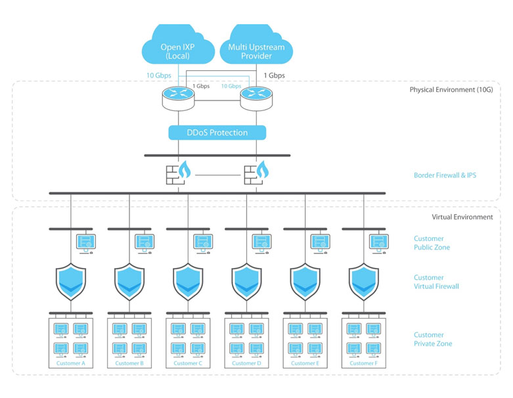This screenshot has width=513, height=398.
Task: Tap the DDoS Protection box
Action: point(217,133)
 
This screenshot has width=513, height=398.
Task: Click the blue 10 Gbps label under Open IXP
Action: point(159,76)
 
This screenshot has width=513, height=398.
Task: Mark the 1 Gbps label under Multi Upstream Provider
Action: point(274,76)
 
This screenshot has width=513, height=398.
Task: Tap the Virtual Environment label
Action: point(461,217)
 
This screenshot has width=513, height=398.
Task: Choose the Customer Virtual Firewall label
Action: point(437,282)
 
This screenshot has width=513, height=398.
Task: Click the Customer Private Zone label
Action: point(433,339)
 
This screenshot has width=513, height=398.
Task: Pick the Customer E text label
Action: point(304,363)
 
